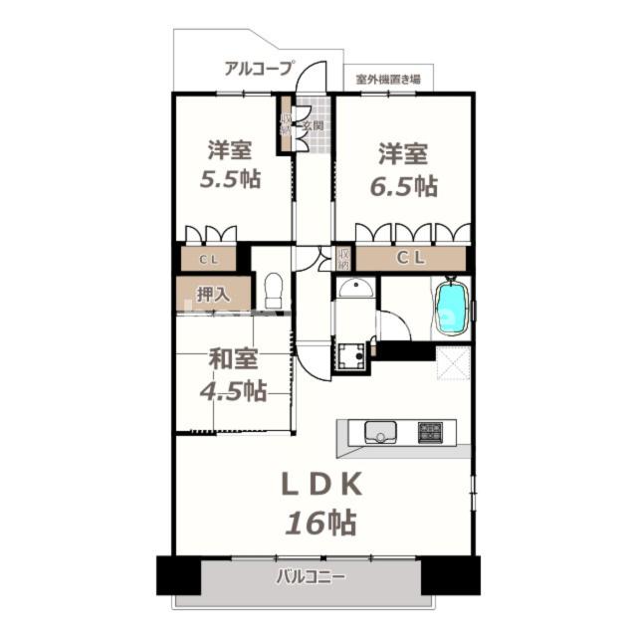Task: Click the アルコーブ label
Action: click(259, 69)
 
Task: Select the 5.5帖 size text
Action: click(231, 181)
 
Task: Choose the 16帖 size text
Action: click(322, 522)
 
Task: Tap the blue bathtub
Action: click(452, 306)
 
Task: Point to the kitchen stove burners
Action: click(431, 433)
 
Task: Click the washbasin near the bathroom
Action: click(354, 289)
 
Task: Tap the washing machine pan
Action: click(350, 355)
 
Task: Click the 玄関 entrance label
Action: click(313, 126)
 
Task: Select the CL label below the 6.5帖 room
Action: click(412, 259)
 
